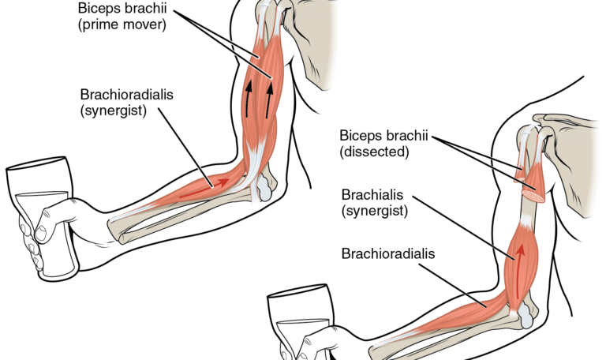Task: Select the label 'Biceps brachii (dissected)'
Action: [x=383, y=142]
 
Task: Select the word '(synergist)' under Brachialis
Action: [x=374, y=211]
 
